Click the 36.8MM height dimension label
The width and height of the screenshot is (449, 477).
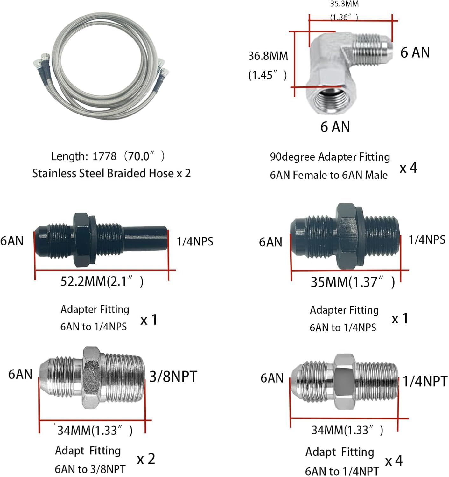[x=268, y=56]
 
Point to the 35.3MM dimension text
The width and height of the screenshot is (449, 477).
[x=344, y=4]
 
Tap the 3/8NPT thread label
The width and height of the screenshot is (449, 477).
[x=173, y=377]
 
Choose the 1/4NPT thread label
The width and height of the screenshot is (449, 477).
[x=425, y=381]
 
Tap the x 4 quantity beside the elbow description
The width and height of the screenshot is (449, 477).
[x=408, y=168]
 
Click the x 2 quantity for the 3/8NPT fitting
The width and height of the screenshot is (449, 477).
[x=146, y=459]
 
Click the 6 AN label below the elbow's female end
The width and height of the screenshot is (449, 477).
[x=335, y=127]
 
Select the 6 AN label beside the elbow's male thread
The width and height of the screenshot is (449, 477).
[x=415, y=52]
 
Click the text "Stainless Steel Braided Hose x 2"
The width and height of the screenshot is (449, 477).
[x=111, y=173]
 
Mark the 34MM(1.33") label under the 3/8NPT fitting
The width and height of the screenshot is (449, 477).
[x=95, y=431]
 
